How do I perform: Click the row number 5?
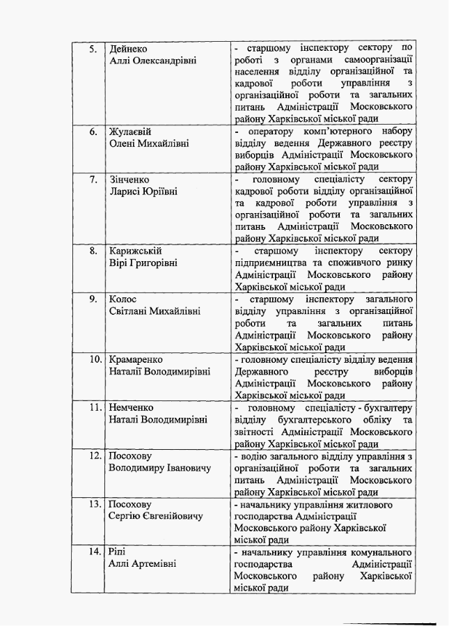[92, 49]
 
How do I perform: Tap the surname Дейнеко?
[128, 49]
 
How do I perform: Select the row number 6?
[92, 132]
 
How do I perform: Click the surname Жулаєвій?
[130, 132]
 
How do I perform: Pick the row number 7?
[92, 179]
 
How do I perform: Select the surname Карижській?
[134, 251]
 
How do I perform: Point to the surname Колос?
[123, 299]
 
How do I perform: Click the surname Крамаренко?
[136, 359]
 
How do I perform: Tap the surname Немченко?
[132, 407]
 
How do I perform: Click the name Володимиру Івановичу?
[159, 468]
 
